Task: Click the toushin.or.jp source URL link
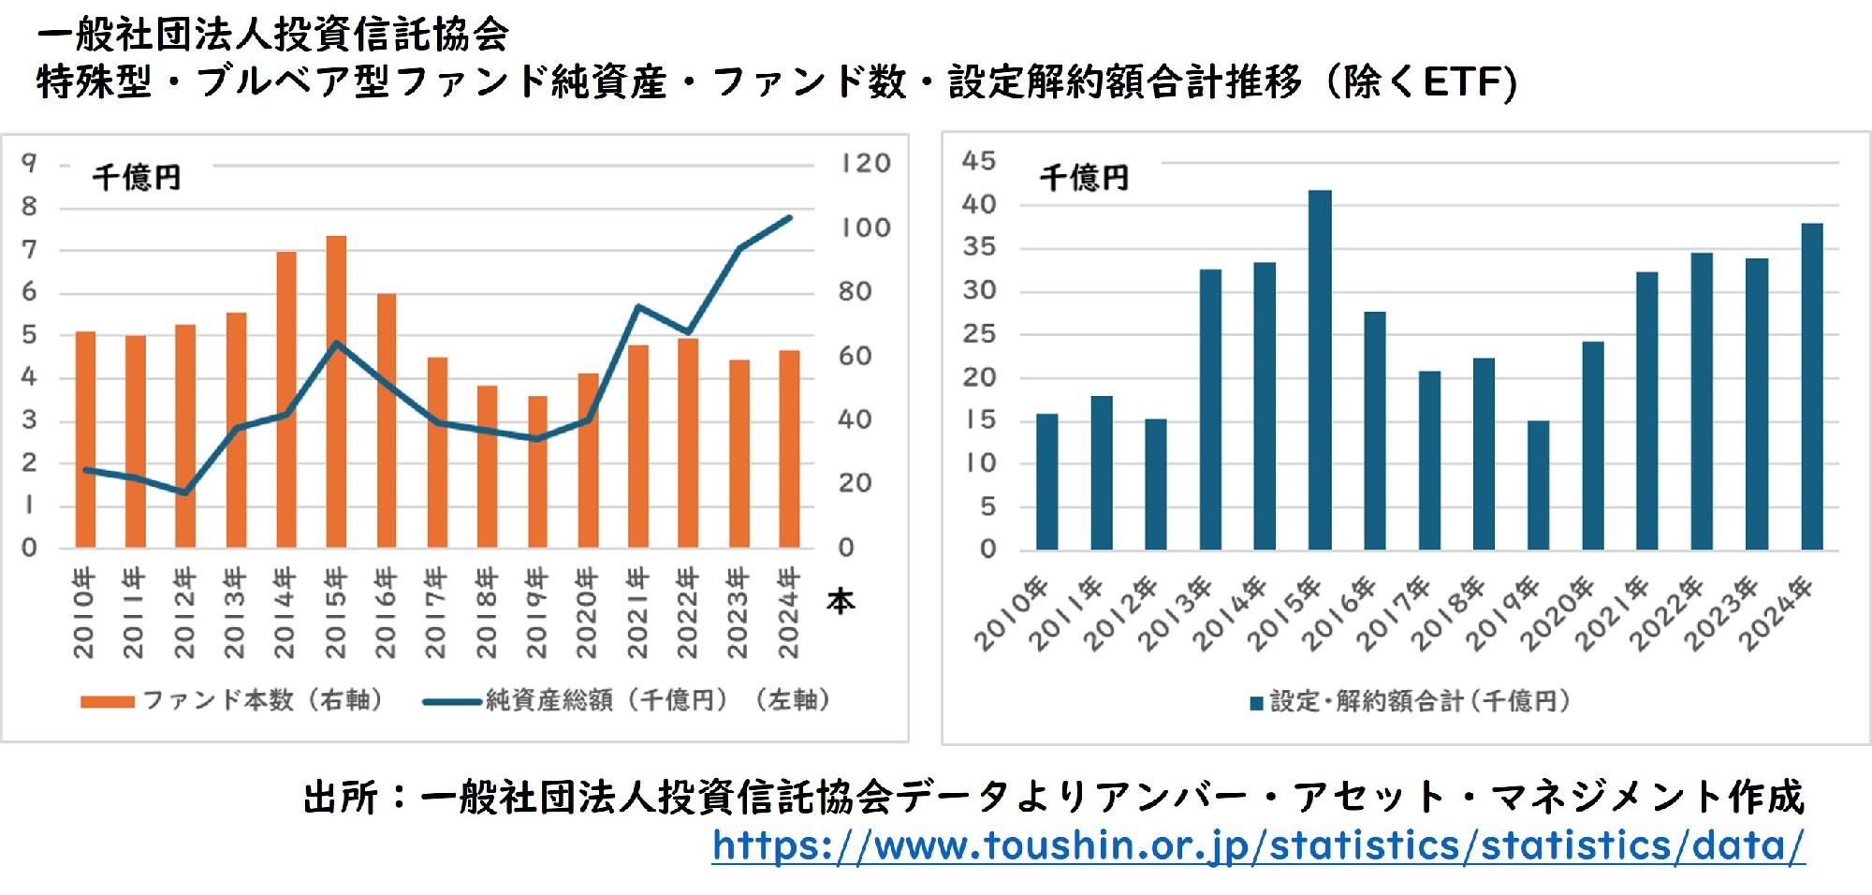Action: point(1258,846)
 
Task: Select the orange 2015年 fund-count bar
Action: point(336,393)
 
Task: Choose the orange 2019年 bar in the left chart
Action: point(537,472)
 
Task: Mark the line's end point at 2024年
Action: point(789,218)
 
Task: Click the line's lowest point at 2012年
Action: point(185,492)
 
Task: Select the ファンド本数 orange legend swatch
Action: point(107,701)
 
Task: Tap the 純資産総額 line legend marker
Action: point(452,701)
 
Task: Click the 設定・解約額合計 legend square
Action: point(1256,703)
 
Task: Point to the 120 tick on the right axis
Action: point(865,164)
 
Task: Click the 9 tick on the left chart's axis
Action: point(30,164)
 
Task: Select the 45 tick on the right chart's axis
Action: point(979,161)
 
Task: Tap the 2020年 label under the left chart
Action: point(587,613)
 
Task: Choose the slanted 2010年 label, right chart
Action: point(1010,616)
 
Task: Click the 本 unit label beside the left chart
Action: point(841,601)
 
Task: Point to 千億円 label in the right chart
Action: point(1084,178)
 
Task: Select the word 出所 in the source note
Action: point(341,798)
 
